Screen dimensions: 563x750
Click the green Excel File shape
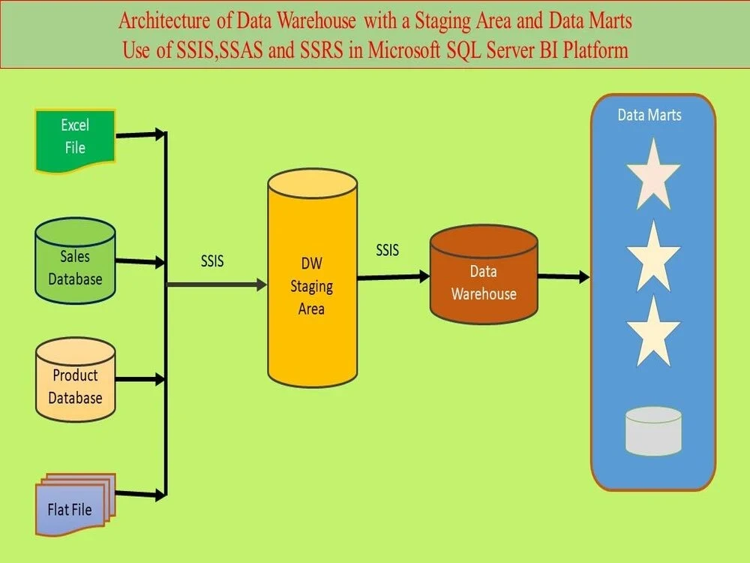click(75, 140)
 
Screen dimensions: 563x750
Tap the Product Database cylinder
click(75, 381)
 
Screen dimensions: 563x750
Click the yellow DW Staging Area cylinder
click(311, 285)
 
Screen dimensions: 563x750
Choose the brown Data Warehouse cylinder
click(484, 278)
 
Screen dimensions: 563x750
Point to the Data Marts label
click(649, 115)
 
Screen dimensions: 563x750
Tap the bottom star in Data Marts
click(653, 333)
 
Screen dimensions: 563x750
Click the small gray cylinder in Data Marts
click(653, 431)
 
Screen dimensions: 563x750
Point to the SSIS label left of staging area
click(212, 262)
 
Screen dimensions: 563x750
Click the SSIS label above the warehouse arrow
click(388, 250)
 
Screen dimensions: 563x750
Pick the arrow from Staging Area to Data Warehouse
click(393, 277)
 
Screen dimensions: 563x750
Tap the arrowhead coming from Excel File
click(159, 134)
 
